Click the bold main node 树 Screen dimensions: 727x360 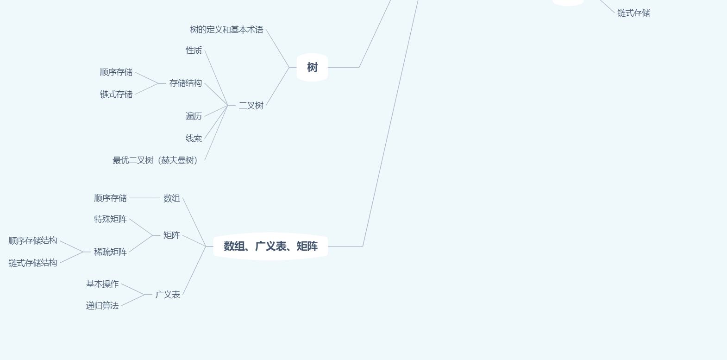pos(312,68)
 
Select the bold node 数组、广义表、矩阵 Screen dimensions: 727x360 pos(270,246)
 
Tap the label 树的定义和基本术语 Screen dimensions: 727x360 pos(226,30)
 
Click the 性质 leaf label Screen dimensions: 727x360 pos(194,50)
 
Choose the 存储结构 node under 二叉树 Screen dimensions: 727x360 pos(185,83)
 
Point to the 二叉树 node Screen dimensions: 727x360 pos(251,106)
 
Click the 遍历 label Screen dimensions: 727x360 pos(194,116)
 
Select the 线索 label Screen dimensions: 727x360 pos(194,138)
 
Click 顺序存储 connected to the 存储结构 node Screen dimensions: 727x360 pos(116,72)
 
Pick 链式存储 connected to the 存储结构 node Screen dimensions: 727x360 pos(116,95)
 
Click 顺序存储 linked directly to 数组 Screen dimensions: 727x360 pos(110,198)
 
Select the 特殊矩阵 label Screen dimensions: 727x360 pos(110,219)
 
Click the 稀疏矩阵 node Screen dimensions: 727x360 pos(110,252)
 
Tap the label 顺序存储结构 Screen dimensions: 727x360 pos(33,241)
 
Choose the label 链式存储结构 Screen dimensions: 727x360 pos(33,263)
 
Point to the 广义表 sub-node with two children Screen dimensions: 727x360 pos(168,295)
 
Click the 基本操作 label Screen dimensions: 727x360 pos(102,284)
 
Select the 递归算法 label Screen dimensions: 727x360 pos(102,306)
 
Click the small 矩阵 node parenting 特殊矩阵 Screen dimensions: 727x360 pos(171,235)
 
